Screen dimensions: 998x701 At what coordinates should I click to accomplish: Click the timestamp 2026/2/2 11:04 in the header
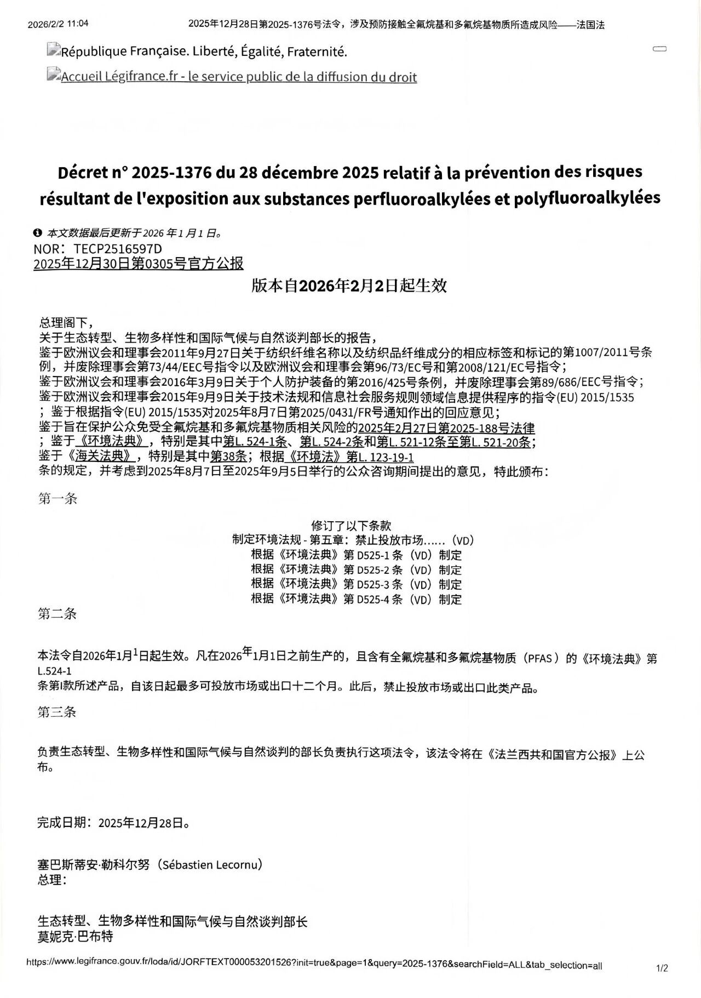click(58, 24)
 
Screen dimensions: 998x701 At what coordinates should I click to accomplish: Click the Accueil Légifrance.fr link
click(239, 77)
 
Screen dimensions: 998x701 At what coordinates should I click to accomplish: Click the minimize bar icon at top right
click(659, 49)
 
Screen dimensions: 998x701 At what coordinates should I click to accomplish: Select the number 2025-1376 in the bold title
click(172, 173)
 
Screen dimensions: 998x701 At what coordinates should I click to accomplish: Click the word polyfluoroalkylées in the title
click(587, 198)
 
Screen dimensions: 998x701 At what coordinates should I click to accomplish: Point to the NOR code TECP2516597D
click(118, 249)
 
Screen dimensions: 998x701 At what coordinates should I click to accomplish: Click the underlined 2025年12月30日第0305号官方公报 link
click(138, 264)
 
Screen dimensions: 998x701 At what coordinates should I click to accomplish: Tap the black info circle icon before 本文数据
click(37, 233)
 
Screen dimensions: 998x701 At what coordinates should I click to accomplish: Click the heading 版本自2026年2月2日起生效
click(349, 286)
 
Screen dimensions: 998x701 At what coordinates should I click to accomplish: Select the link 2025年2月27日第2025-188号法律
click(446, 427)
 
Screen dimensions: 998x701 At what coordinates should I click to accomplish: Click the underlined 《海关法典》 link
click(102, 457)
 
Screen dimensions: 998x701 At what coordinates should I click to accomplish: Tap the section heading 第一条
click(58, 499)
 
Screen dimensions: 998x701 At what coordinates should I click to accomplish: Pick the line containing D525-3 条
click(356, 584)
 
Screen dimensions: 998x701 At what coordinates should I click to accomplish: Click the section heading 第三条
click(57, 712)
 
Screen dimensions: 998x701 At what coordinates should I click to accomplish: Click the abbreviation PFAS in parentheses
click(541, 658)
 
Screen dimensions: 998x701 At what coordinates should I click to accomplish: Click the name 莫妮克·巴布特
click(75, 936)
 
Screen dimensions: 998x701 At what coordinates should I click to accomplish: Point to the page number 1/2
click(662, 968)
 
